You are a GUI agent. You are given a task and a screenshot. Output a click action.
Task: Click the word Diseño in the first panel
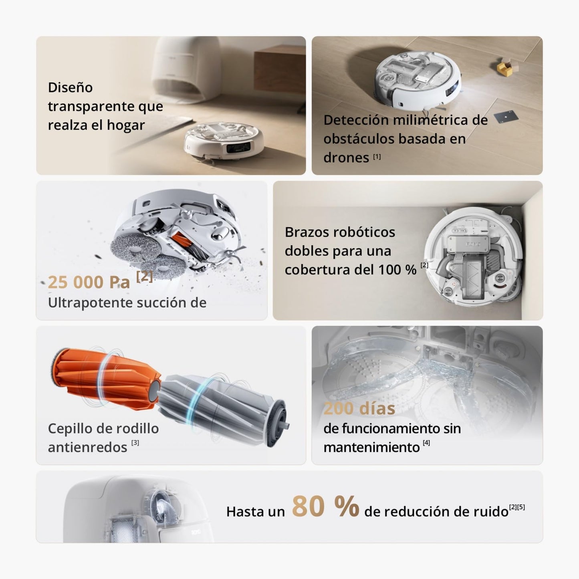point(70,87)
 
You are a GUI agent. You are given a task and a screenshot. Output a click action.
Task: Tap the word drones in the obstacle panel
point(346,157)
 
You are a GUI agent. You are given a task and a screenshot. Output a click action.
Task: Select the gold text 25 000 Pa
point(89,282)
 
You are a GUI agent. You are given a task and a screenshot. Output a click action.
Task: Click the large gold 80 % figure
point(325,507)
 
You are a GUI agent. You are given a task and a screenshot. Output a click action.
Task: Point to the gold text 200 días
point(359,408)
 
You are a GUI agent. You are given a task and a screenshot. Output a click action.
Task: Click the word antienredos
point(87,447)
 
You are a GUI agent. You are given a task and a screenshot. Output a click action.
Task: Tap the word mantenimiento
point(371,447)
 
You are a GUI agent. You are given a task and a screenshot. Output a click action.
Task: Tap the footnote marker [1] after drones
point(377,157)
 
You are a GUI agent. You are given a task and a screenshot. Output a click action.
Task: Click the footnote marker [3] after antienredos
point(135,443)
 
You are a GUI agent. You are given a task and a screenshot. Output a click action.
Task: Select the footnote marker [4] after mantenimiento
point(426,443)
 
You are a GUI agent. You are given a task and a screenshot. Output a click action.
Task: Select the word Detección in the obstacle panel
point(355,120)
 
